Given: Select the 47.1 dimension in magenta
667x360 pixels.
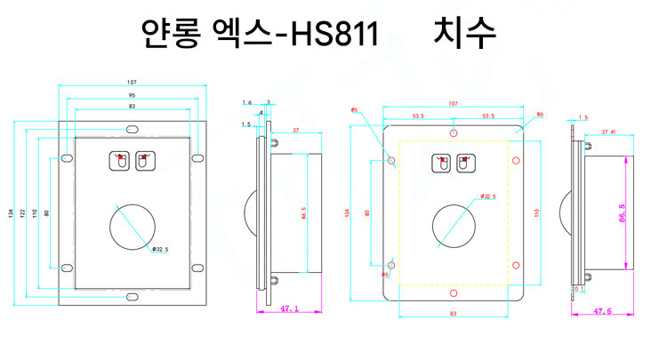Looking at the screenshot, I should coord(290,310).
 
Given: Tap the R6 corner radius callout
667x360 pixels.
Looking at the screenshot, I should coord(540,115).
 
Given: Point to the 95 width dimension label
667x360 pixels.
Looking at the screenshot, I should coord(132,94).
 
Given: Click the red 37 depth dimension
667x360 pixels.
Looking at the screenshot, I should coord(295,130).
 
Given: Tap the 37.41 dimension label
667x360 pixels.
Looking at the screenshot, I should coord(609,132).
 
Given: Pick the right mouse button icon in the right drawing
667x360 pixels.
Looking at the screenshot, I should coord(463,164).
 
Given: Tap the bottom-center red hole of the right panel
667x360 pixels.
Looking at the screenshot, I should coord(454,292).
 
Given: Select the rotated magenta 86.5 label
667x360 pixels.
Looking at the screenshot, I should coord(622,212).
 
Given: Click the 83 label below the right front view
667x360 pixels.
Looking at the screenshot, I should coord(454,314).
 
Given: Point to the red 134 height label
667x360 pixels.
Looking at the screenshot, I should coord(348,213).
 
